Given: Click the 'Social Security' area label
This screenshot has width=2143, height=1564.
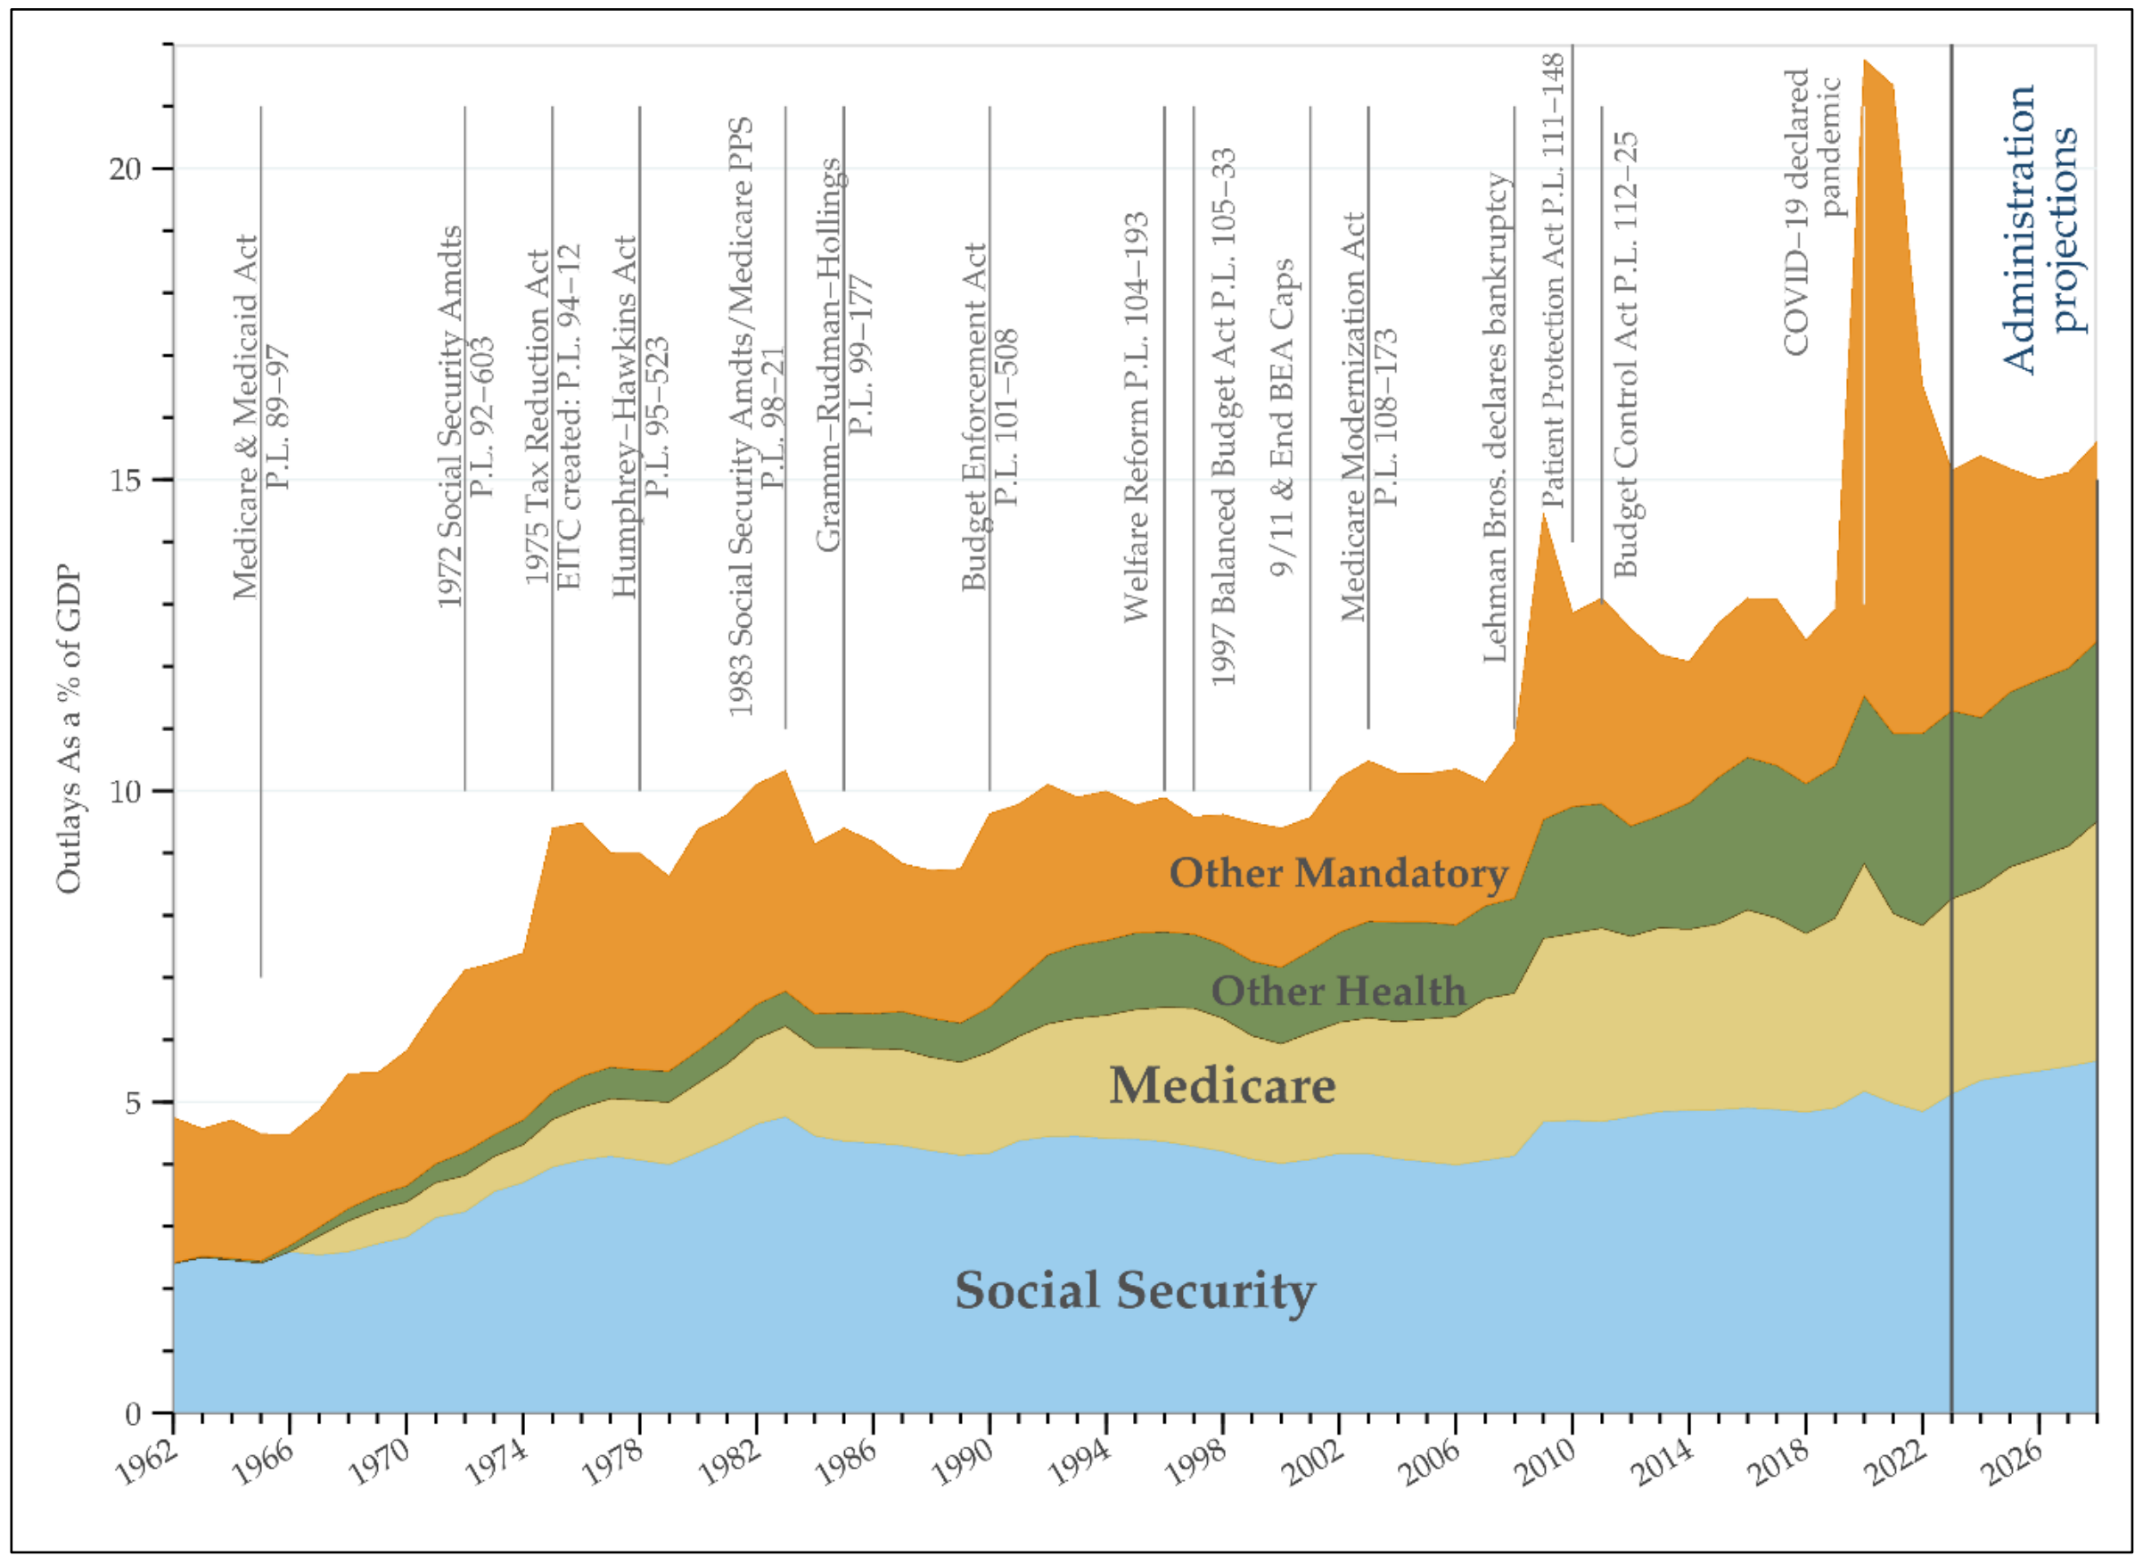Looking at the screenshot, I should (1134, 1290).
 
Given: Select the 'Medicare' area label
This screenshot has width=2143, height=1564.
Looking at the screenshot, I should (1222, 1086).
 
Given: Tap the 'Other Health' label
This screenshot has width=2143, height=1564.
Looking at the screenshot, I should (1338, 992).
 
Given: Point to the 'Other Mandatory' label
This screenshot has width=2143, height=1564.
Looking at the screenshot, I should (1338, 873).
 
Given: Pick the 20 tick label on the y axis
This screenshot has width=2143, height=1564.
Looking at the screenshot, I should (124, 169).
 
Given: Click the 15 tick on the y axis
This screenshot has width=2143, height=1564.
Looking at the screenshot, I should (124, 480).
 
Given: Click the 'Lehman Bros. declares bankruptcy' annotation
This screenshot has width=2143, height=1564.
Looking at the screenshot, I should (1495, 416).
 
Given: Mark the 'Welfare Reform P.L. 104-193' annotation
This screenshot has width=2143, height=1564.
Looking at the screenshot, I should (1136, 416).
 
